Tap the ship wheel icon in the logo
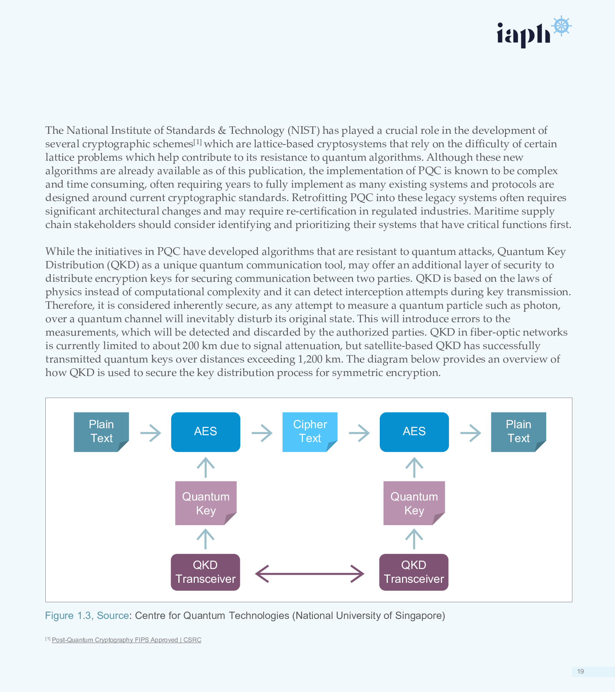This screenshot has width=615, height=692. (561, 26)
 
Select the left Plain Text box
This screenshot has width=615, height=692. (101, 432)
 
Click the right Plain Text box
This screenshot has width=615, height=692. (518, 432)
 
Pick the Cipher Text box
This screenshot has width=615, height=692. (310, 432)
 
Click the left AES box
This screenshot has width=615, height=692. (206, 432)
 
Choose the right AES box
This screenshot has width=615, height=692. (414, 432)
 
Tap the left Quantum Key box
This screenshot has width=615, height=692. (206, 503)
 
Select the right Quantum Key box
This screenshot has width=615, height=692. (414, 503)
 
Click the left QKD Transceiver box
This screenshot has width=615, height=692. (205, 572)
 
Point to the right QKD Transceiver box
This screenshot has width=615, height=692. (414, 572)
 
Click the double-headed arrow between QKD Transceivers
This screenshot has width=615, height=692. (309, 574)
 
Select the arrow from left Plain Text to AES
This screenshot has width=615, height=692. (150, 433)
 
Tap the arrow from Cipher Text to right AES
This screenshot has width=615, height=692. (359, 433)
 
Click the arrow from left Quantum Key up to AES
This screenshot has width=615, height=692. (206, 467)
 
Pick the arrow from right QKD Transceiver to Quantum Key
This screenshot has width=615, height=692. (414, 539)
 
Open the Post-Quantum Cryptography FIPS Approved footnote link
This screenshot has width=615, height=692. (126, 640)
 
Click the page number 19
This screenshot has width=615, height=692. (580, 671)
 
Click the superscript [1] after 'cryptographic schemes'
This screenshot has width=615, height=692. (197, 142)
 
